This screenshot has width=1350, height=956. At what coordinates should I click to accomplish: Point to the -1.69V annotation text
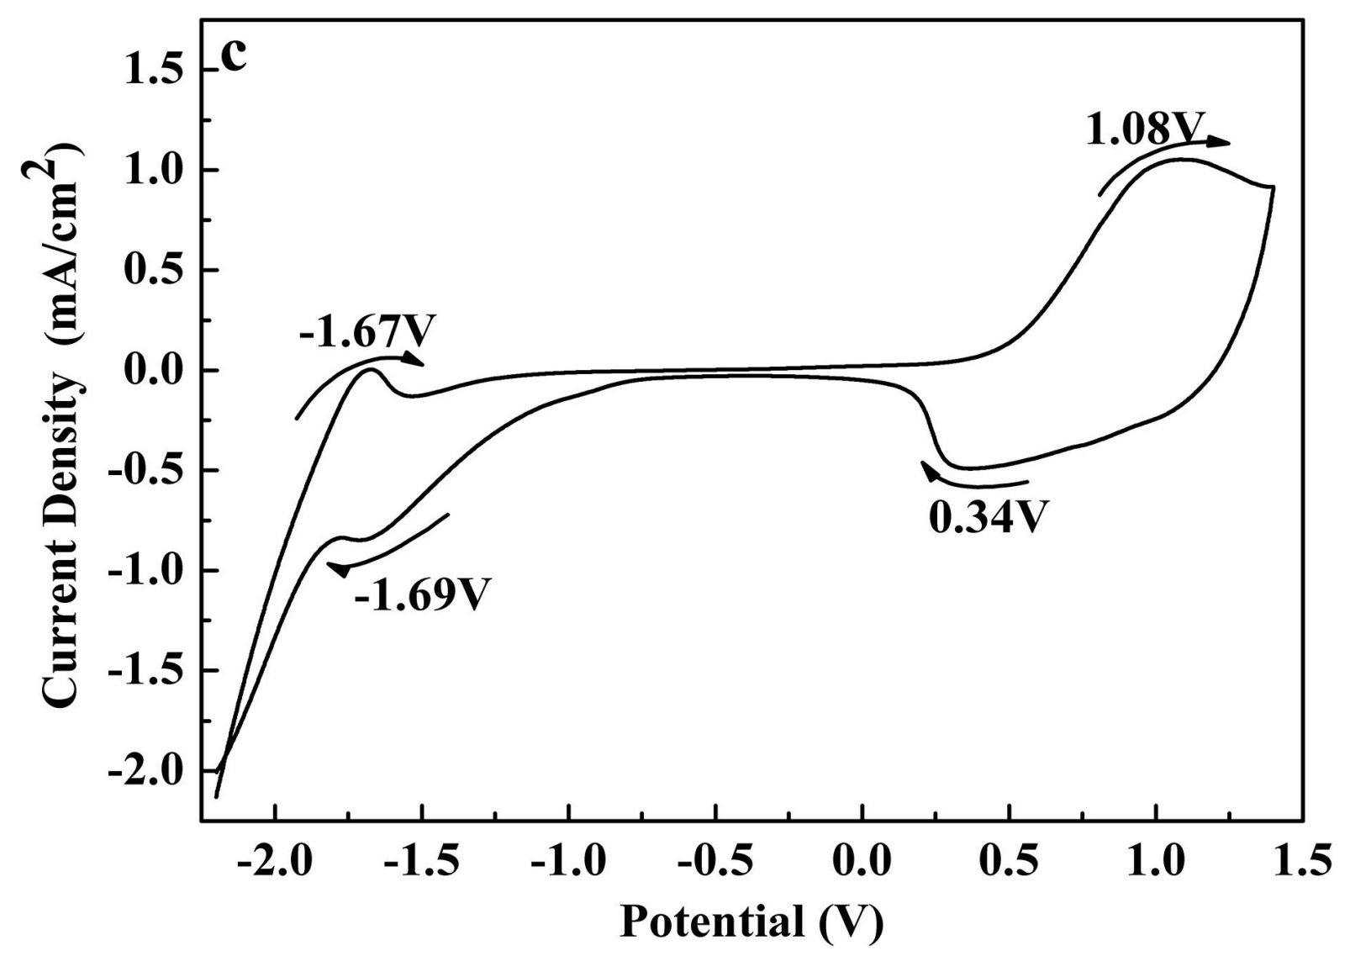[422, 594]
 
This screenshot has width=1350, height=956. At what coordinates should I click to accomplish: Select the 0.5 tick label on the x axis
[1009, 864]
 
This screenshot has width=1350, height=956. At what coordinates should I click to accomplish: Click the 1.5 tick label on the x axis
[1303, 864]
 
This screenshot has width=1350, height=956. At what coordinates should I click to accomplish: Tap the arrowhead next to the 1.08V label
[1219, 142]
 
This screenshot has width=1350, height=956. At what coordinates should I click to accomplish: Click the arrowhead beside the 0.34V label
[928, 470]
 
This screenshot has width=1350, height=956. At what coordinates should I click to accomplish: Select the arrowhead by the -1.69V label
[339, 569]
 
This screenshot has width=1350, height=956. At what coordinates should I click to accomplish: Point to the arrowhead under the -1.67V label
[413, 359]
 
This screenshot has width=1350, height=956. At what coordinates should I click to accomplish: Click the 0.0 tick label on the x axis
[862, 864]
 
